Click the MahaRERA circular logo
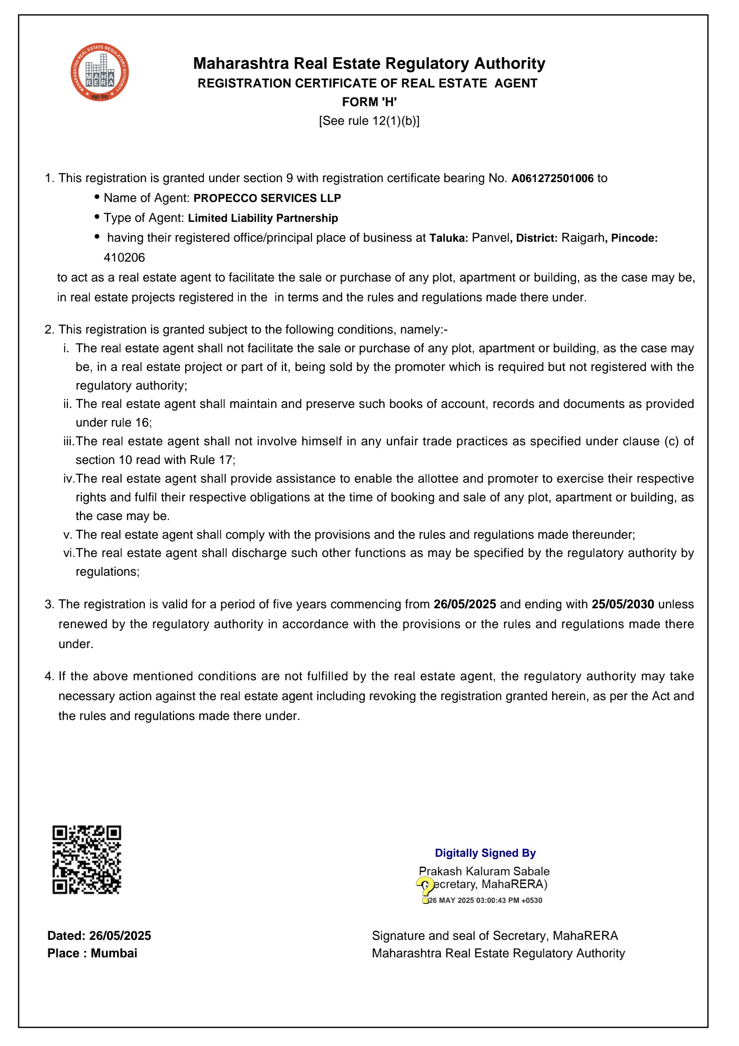[99, 72]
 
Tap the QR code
[87, 859]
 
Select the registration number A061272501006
[552, 179]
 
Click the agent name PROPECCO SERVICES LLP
[267, 198]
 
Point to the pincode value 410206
[124, 258]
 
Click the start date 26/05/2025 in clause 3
[465, 605]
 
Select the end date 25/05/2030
[623, 605]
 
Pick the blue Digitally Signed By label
[485, 853]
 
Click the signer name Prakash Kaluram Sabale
[484, 871]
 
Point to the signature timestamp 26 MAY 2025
[451, 900]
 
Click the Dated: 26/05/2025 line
[99, 936]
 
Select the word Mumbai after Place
[114, 953]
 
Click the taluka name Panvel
[490, 238]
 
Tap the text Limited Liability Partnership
[263, 218]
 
